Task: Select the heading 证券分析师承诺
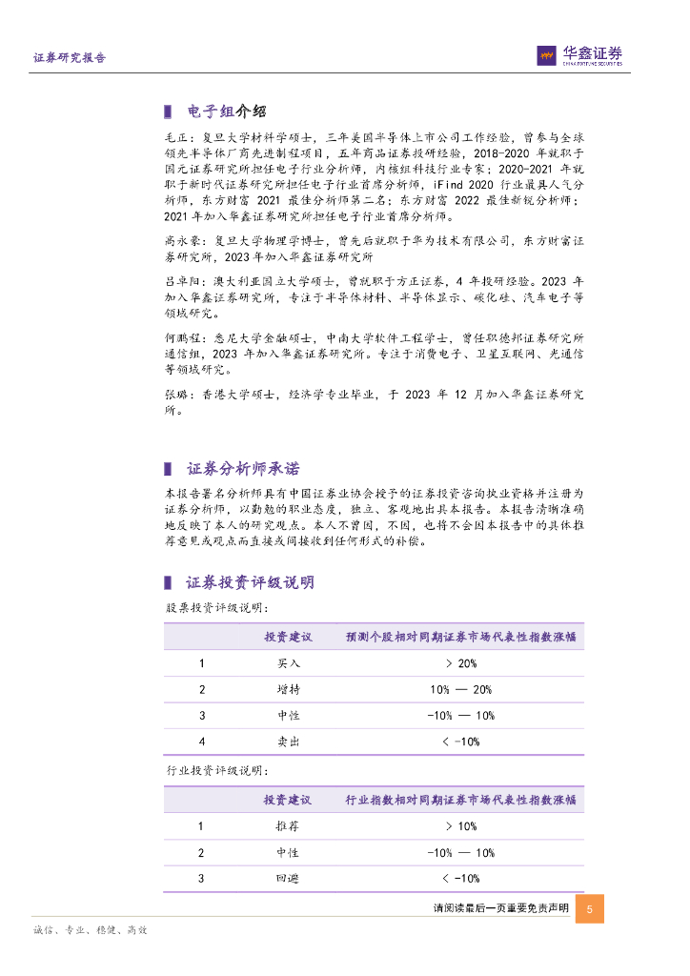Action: tap(243, 468)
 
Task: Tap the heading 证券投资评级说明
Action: tap(250, 582)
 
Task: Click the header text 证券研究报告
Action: tap(70, 58)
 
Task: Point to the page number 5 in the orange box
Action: tap(590, 909)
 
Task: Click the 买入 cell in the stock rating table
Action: tap(287, 663)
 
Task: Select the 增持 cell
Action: tap(287, 689)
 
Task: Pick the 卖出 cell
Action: tap(287, 741)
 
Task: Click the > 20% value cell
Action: tap(460, 663)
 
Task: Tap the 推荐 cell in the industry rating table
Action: tap(287, 826)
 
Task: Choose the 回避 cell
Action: tap(287, 878)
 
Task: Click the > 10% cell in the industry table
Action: tap(460, 826)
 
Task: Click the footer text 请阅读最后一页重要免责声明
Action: tap(500, 909)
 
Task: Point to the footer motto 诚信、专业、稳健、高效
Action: tap(90, 930)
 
